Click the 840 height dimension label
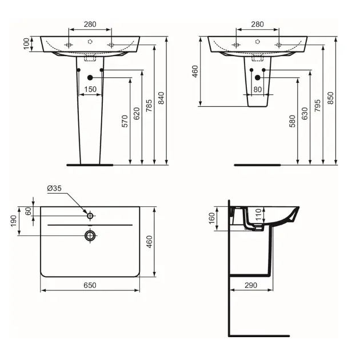tap(162, 98)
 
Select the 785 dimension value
tap(149, 106)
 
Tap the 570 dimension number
tap(125, 121)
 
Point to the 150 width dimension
tap(90, 89)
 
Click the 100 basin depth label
tap(27, 43)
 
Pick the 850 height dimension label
tap(330, 98)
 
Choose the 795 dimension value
tap(318, 106)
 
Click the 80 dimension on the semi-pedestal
tap(258, 89)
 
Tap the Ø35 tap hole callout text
tap(54, 188)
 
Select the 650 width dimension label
tap(90, 285)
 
